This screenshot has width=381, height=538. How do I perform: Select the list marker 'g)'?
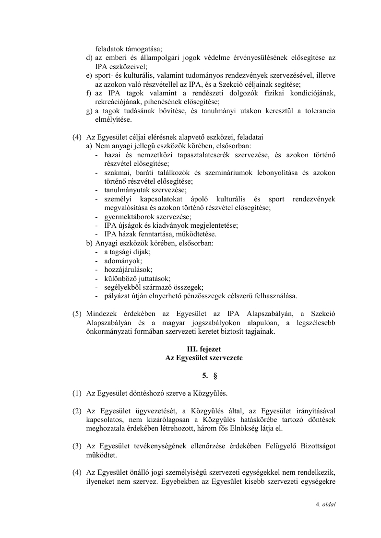(89, 111)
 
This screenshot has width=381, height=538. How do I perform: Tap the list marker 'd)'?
(89, 58)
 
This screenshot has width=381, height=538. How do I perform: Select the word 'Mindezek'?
(101, 314)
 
